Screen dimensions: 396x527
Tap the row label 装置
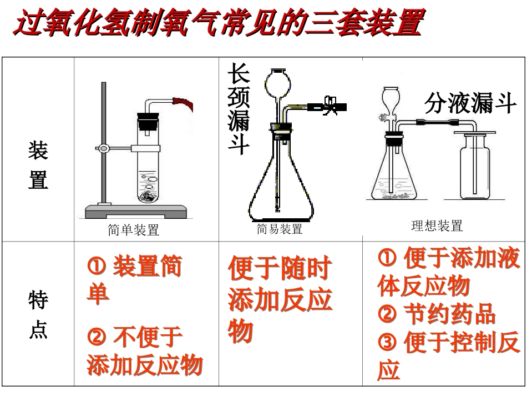(38, 165)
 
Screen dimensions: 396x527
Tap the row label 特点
(38, 315)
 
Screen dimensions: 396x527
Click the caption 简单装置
(133, 230)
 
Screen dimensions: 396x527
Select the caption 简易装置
(280, 229)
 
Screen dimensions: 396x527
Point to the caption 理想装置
(437, 225)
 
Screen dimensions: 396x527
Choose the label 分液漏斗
(470, 103)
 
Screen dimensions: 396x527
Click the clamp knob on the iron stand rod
(103, 148)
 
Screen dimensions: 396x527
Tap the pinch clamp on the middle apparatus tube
(330, 105)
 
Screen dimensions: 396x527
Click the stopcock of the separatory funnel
(383, 117)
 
